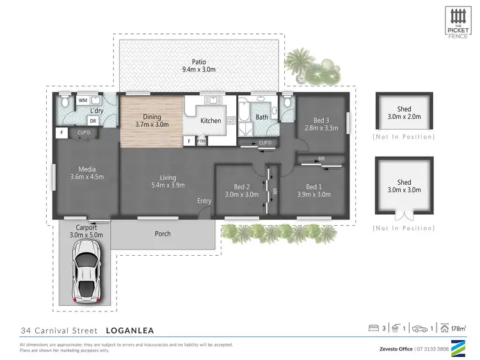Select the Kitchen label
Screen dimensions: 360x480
click(x=211, y=120)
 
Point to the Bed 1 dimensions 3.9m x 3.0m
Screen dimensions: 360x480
click(x=314, y=195)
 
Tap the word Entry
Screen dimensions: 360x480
click(x=204, y=201)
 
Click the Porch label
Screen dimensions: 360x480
click(x=163, y=233)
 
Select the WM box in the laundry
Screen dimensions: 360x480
click(x=83, y=100)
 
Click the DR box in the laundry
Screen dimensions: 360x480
click(x=93, y=121)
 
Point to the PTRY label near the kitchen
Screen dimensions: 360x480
click(x=200, y=141)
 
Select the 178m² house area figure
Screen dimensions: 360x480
click(x=458, y=329)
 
